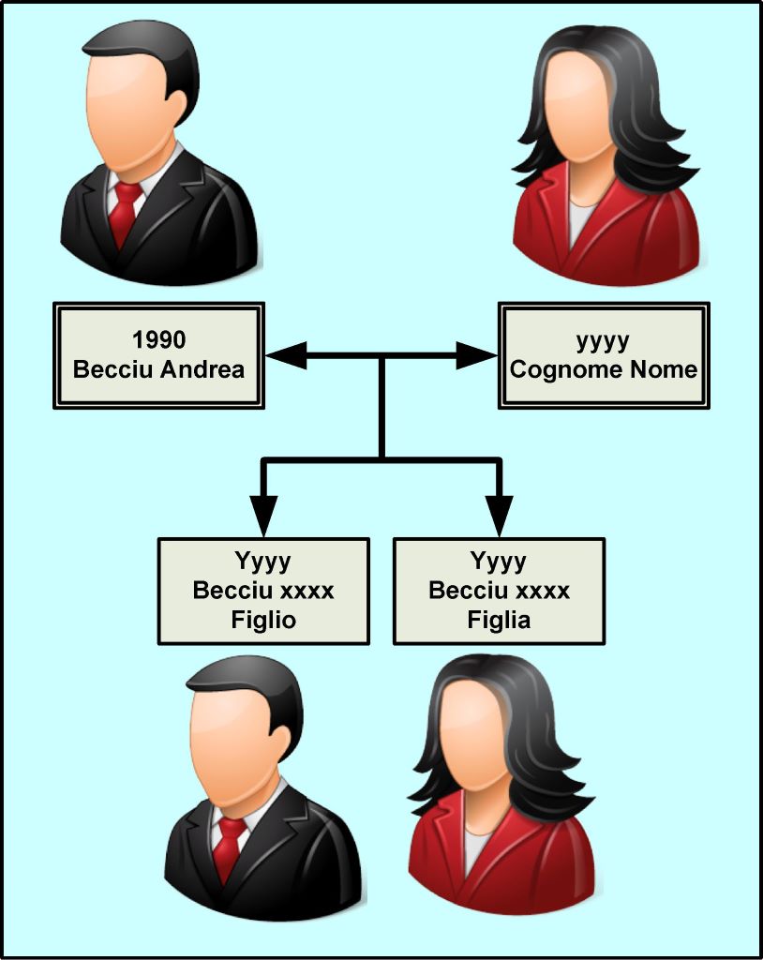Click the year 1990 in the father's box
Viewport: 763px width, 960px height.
158,339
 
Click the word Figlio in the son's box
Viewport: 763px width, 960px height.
263,621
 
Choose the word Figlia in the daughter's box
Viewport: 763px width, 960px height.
499,621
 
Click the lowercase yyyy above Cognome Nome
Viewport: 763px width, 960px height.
603,341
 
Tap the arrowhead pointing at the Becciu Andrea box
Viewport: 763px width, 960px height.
286,355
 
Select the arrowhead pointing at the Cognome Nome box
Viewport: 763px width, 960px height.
476,355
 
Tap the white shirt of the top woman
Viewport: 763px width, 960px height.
580,220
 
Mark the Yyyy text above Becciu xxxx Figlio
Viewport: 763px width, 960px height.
263,562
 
